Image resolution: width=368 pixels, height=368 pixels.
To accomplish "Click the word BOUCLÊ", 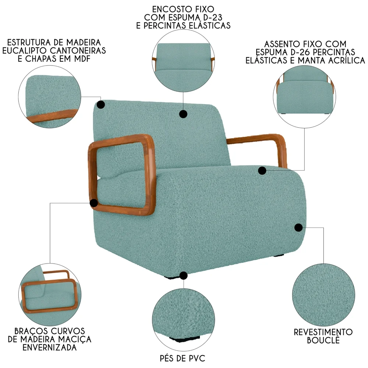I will (x=323, y=340).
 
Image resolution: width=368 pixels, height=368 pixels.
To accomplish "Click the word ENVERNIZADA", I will (x=49, y=347).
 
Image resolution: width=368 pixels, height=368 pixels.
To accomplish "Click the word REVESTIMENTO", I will (x=323, y=332).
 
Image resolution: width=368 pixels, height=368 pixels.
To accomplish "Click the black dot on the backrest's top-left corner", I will (x=100, y=105).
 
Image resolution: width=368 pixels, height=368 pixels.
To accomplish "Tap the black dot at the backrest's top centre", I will (x=183, y=114).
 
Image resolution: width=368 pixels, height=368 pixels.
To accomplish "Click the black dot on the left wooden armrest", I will (x=94, y=203).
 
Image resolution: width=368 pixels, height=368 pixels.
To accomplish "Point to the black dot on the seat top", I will (x=262, y=171).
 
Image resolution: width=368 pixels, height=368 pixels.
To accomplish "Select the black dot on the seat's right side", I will (x=298, y=227).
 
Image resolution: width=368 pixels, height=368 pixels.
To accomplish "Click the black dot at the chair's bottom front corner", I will (x=183, y=276).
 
